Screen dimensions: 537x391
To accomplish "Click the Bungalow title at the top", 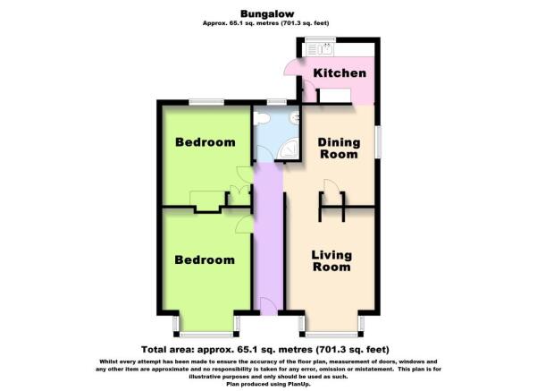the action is (267, 13).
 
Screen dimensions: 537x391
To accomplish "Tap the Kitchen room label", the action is (340, 73).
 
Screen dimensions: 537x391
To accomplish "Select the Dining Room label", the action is (339, 149).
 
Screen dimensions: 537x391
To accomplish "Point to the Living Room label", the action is (331, 260).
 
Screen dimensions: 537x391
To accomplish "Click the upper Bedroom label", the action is (206, 142).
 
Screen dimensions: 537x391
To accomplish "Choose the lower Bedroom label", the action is (205, 259).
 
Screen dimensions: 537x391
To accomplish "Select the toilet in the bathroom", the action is (261, 118).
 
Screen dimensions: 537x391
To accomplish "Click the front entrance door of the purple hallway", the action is (268, 306).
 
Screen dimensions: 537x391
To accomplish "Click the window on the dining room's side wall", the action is (378, 142).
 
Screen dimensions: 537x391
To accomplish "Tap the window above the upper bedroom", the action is (206, 102).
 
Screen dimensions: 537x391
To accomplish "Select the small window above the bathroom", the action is (277, 102).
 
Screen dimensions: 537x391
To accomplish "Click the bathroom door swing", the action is (264, 153).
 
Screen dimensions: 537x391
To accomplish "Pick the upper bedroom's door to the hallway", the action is (245, 174).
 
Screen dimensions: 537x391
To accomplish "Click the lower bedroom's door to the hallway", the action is (245, 225).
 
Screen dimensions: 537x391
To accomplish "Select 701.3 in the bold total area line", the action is (331, 350).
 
